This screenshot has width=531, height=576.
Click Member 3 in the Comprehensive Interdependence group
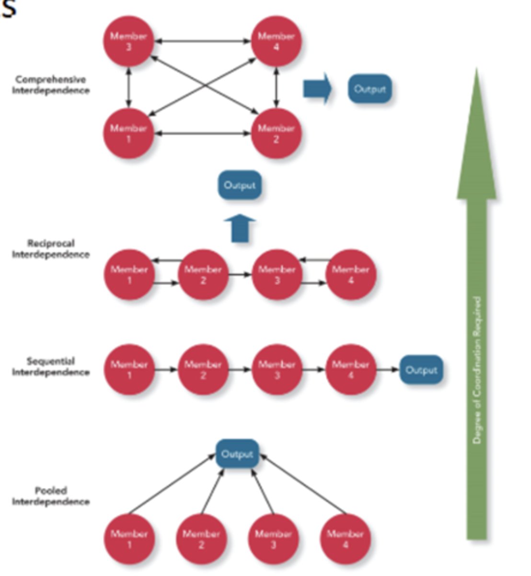(128, 41)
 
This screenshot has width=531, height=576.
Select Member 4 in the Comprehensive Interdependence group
(276, 41)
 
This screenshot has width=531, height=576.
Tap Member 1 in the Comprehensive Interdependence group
(128, 133)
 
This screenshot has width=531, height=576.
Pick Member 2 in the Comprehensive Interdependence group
(276, 133)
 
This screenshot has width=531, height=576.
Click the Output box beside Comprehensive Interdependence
(369, 89)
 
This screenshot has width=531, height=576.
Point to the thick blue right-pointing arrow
(317, 89)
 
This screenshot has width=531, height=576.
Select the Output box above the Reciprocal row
(240, 185)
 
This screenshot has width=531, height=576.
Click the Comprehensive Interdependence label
(50, 85)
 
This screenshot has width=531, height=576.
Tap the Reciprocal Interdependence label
(50, 249)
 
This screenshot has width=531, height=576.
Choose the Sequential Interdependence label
(50, 366)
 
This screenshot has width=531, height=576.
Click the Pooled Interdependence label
(50, 496)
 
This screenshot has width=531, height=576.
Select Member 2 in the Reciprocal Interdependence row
(203, 275)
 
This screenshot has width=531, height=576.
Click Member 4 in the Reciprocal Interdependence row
(350, 275)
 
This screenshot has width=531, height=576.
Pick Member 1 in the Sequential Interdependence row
(129, 370)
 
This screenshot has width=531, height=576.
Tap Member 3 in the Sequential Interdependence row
(277, 370)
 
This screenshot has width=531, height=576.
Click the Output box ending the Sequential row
(421, 370)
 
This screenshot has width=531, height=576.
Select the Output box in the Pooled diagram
(237, 454)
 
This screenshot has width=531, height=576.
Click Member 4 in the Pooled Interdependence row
(345, 539)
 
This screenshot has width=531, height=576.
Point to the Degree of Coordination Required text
(477, 370)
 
